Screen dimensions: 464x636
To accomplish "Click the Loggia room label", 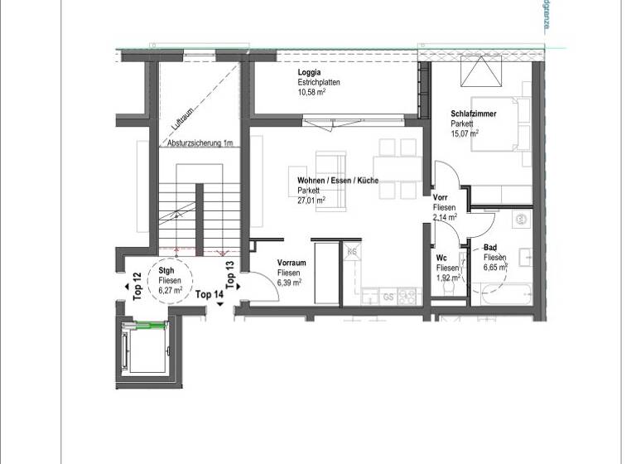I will [309, 73].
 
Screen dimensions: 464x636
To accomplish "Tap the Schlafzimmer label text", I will [474, 114].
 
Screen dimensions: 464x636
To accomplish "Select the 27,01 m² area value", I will [311, 200].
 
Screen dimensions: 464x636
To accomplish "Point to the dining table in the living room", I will [396, 168].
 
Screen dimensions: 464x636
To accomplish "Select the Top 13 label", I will [230, 273].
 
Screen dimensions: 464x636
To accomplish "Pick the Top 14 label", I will [209, 294].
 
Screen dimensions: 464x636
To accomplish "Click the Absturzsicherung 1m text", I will [199, 143].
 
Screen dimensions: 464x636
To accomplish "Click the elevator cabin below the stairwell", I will [144, 353].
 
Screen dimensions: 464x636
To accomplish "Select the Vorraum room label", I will [291, 263].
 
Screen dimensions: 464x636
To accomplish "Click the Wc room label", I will [441, 259].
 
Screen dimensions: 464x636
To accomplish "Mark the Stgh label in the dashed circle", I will [166, 271].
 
